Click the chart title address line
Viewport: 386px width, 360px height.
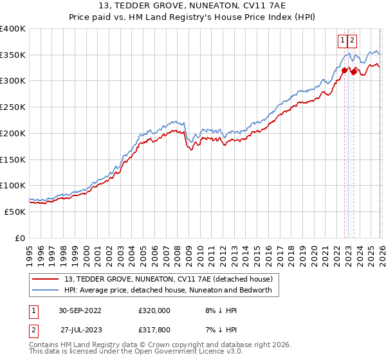coord(193,6)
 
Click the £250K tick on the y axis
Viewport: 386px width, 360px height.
coord(13,107)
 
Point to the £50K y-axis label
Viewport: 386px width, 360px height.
coord(15,212)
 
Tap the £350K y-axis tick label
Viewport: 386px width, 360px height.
coord(13,55)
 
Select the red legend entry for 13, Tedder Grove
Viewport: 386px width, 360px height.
coord(169,279)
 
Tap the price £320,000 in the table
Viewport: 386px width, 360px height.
coord(154,310)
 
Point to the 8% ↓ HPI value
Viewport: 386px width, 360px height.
coord(217,310)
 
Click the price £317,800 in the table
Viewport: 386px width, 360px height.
coord(154,330)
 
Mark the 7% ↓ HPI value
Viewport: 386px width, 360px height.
coord(217,330)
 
